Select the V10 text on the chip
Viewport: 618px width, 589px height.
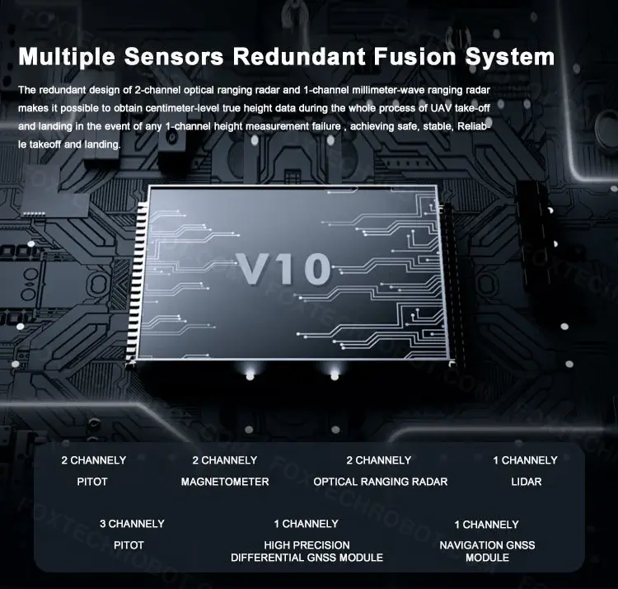[284, 269]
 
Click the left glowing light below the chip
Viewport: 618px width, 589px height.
[250, 375]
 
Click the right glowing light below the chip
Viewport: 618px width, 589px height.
[334, 375]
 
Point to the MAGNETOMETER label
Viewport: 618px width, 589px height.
[225, 482]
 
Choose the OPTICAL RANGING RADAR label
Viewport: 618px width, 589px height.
[381, 482]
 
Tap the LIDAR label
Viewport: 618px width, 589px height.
[526, 482]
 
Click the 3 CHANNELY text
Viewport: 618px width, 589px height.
[132, 524]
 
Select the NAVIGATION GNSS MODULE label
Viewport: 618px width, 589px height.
[487, 551]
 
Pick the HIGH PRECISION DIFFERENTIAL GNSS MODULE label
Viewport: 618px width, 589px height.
[307, 551]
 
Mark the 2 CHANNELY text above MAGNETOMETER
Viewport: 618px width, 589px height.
[224, 460]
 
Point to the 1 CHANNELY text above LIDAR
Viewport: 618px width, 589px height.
[526, 460]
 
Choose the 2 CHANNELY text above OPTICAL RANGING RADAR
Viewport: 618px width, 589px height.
[379, 460]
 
